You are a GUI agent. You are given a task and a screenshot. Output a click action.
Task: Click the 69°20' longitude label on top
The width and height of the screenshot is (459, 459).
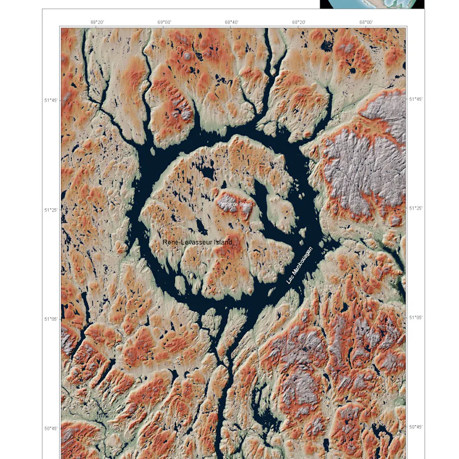pos(97,22)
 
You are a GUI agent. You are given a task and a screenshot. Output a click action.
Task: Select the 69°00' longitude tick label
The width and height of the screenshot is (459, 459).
pos(164,22)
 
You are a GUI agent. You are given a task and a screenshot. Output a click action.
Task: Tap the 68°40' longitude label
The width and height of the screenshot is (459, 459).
pos(231,22)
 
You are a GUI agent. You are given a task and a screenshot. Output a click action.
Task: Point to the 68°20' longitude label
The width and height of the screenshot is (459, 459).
pos(298,22)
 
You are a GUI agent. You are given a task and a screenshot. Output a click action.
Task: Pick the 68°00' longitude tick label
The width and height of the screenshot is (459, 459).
pos(366,22)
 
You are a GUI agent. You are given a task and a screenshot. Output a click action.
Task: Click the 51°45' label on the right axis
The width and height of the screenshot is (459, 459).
pos(415,99)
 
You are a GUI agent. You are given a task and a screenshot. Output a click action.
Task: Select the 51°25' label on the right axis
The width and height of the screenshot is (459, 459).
pos(415,208)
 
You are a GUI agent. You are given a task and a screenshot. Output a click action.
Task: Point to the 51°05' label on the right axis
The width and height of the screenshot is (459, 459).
pos(415,317)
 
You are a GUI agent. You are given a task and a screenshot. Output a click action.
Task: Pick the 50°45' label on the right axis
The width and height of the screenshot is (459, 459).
pos(415,427)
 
